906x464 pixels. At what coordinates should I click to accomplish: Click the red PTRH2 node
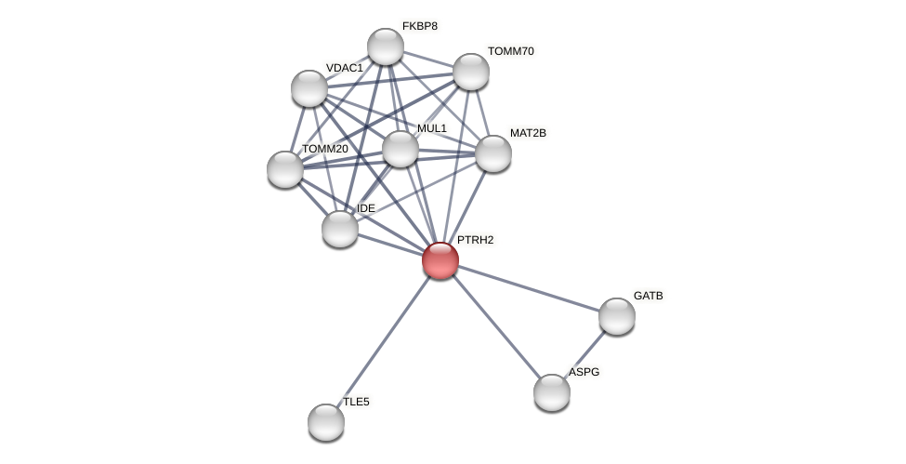(x=440, y=260)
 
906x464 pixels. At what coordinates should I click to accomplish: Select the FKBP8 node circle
(x=386, y=46)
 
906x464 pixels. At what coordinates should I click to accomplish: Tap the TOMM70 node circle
(x=471, y=72)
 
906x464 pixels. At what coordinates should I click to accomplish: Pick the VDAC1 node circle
(x=309, y=88)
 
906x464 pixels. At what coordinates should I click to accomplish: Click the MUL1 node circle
(x=400, y=149)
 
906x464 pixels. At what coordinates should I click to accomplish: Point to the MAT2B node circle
(x=493, y=153)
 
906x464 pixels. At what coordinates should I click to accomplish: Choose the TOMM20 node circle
(x=285, y=169)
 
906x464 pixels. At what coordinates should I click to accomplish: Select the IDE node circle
(x=340, y=229)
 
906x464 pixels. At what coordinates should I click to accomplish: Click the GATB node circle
(x=617, y=316)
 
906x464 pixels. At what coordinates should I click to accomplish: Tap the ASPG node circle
(x=552, y=392)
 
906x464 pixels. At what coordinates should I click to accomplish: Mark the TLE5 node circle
(x=326, y=422)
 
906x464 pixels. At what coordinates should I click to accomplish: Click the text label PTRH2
(x=475, y=240)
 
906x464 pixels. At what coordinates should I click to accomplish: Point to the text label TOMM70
(x=510, y=51)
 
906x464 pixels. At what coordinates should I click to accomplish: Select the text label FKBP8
(x=419, y=26)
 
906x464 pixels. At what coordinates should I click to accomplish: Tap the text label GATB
(x=648, y=296)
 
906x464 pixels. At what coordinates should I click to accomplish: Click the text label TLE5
(x=356, y=402)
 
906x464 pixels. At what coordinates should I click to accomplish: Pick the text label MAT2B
(x=528, y=133)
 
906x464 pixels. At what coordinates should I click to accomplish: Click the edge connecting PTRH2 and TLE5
(x=383, y=341)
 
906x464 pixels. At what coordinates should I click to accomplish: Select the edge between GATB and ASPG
(x=584, y=354)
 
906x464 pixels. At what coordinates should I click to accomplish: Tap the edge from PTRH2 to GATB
(x=529, y=288)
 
